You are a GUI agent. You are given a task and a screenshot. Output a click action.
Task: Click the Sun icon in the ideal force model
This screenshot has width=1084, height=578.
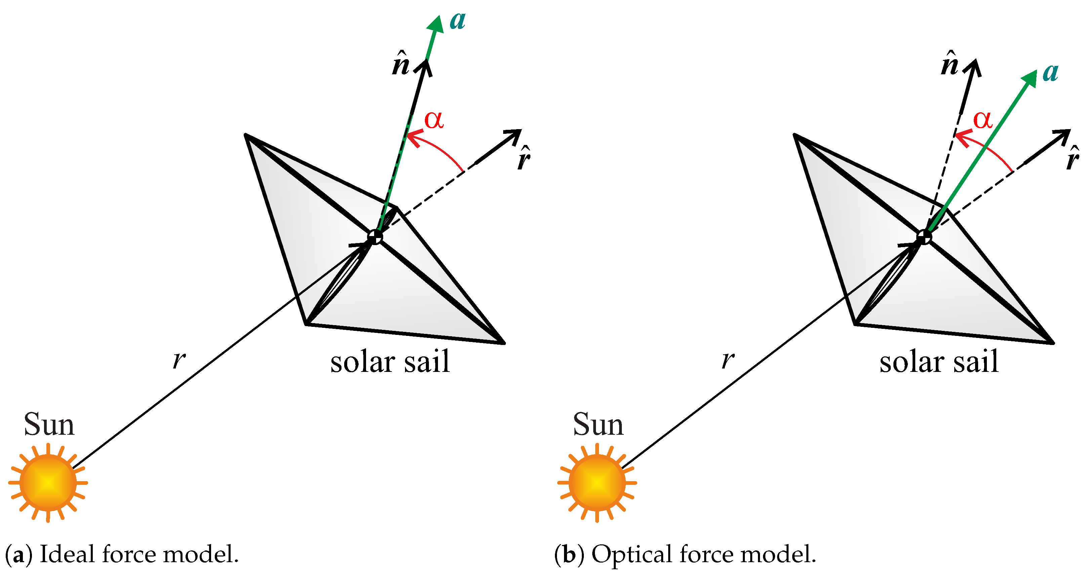tap(48, 483)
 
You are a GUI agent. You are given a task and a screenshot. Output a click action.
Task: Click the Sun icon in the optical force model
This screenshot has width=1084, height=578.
tap(597, 483)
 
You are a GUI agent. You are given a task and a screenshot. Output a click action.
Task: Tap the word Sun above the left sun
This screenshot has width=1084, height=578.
tap(49, 424)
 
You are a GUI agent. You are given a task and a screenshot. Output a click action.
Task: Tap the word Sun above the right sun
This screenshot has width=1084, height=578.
tap(598, 424)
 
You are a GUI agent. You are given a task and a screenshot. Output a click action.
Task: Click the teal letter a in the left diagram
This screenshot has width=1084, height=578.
tap(457, 21)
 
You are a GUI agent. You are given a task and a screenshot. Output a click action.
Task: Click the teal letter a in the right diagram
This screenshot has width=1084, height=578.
tap(1051, 73)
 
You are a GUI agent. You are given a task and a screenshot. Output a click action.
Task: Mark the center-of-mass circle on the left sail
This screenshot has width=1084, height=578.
tap(374, 237)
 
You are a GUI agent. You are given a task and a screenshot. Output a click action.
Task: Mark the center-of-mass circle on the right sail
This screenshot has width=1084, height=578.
tap(924, 237)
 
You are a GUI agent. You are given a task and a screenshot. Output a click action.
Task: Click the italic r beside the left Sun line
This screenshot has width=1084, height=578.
tap(179, 360)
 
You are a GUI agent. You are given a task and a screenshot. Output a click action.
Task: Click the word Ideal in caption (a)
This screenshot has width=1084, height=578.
tap(67, 554)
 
